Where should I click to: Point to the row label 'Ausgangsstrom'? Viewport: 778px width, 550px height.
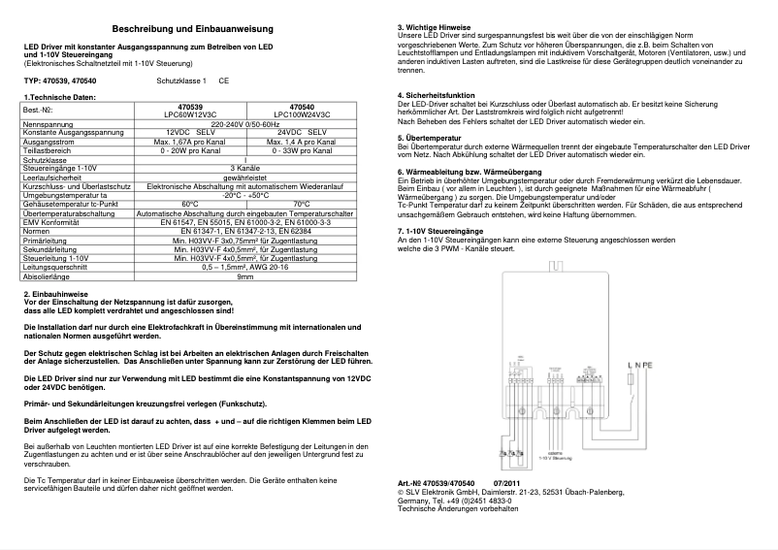[x=49, y=141]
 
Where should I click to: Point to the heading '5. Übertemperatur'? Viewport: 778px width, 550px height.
[x=430, y=138]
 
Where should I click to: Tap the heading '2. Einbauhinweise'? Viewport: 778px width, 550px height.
[x=57, y=292]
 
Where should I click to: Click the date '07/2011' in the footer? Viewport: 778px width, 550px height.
[x=507, y=482]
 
